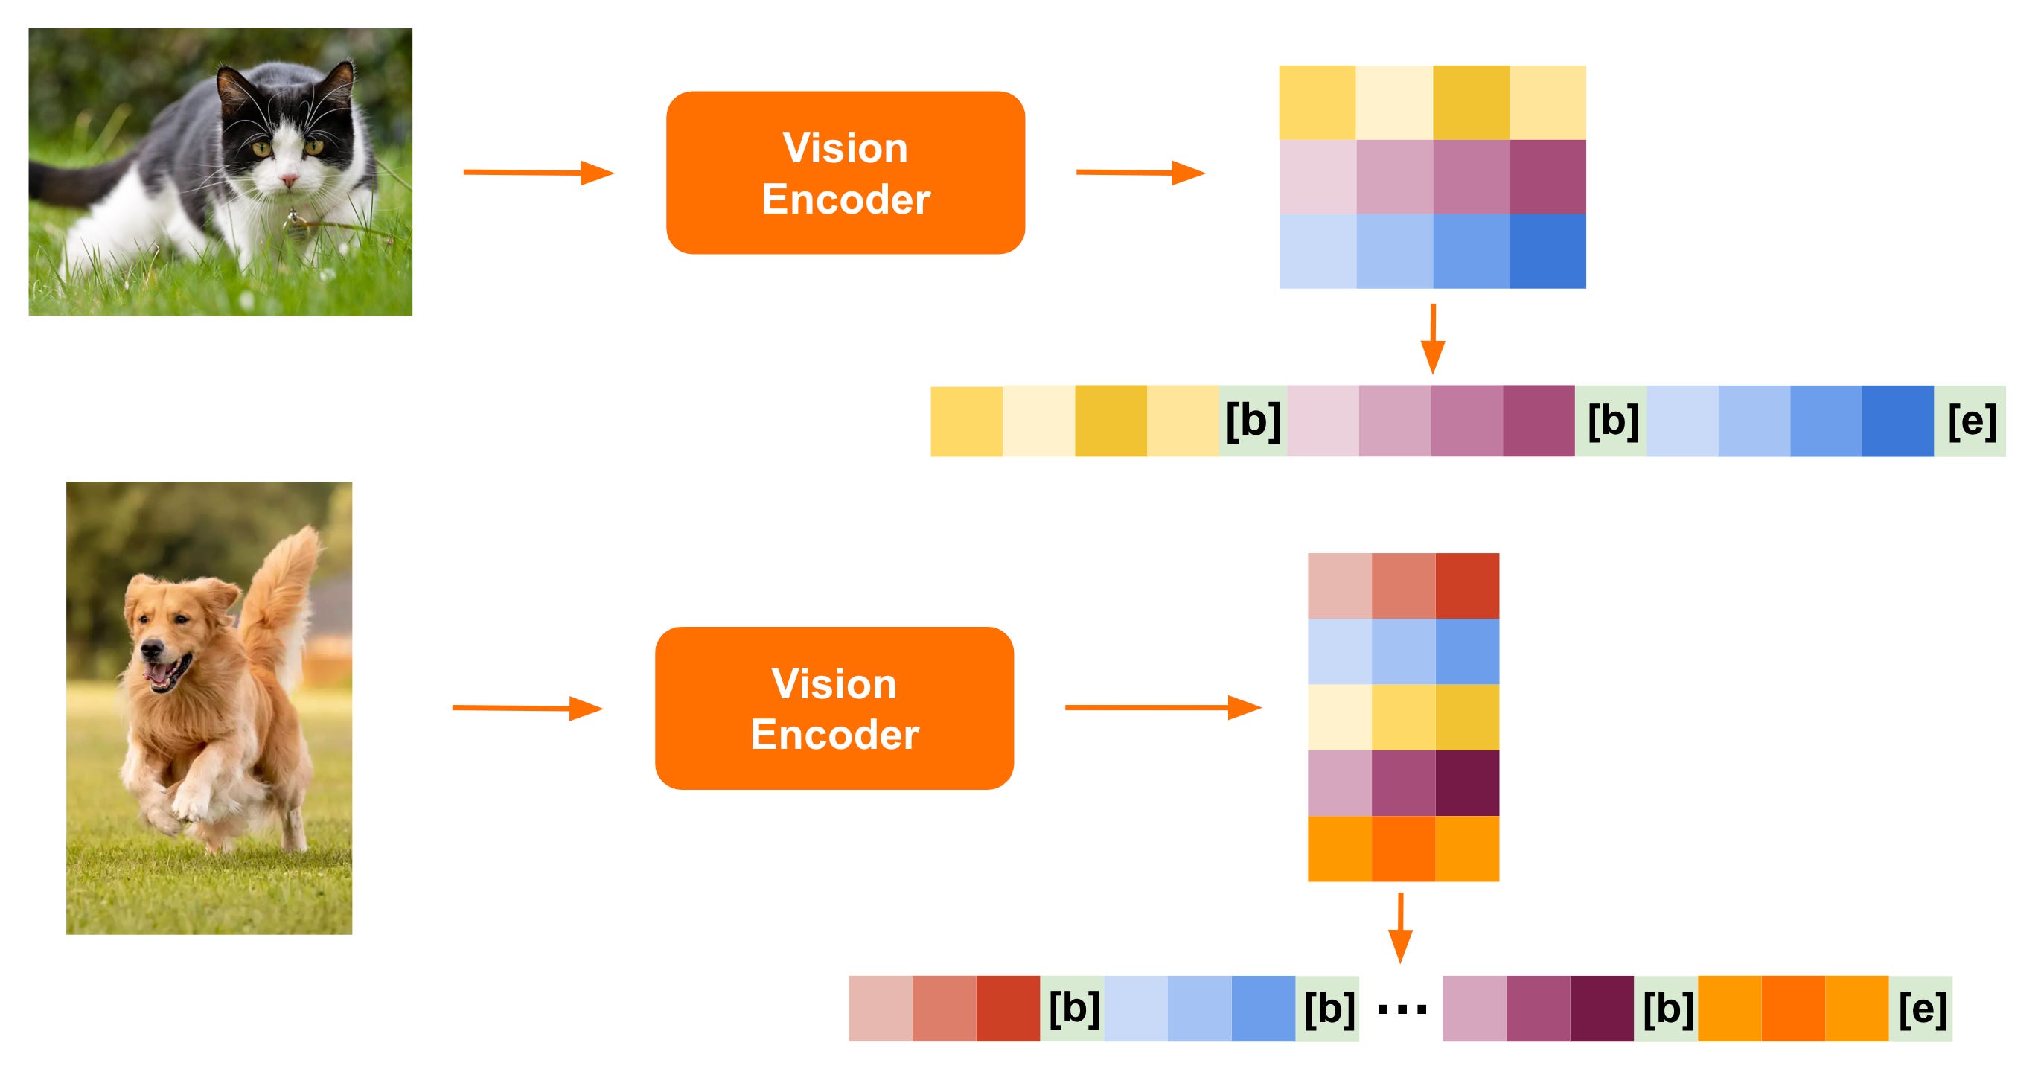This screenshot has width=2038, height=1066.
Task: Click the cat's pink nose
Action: coord(289,181)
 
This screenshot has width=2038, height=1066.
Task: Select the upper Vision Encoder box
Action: coord(845,173)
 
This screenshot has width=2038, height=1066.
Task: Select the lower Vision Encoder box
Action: coord(834,707)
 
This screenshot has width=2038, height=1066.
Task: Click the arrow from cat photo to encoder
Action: coord(538,172)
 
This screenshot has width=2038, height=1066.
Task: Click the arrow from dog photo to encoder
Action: coord(527,707)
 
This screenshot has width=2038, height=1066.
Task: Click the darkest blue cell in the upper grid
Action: coord(1547,251)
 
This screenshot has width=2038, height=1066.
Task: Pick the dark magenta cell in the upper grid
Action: coord(1547,177)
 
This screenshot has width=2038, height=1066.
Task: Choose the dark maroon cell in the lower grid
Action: coord(1467,782)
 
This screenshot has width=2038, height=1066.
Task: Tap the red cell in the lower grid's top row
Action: coord(1467,586)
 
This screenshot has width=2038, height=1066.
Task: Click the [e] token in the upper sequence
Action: coord(1970,421)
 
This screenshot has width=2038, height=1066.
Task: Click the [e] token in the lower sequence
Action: coord(1921,1008)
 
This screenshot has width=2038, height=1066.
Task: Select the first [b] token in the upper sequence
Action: coord(1253,421)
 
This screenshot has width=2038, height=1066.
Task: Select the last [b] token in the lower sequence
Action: coord(1666,1008)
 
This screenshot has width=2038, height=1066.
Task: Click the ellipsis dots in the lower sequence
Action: coord(1401,1009)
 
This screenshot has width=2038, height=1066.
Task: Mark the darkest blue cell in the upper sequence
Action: coord(1897,421)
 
